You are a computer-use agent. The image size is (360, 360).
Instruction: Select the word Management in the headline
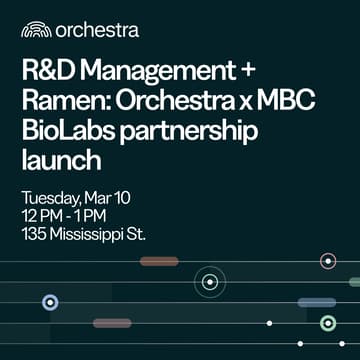click(x=160, y=73)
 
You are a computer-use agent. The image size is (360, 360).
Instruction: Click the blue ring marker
click(x=50, y=301)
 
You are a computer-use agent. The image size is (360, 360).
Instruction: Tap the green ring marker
click(x=328, y=322)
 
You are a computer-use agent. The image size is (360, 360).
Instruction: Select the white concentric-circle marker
click(x=209, y=282)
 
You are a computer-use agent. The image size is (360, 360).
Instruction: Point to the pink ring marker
click(x=328, y=261)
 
